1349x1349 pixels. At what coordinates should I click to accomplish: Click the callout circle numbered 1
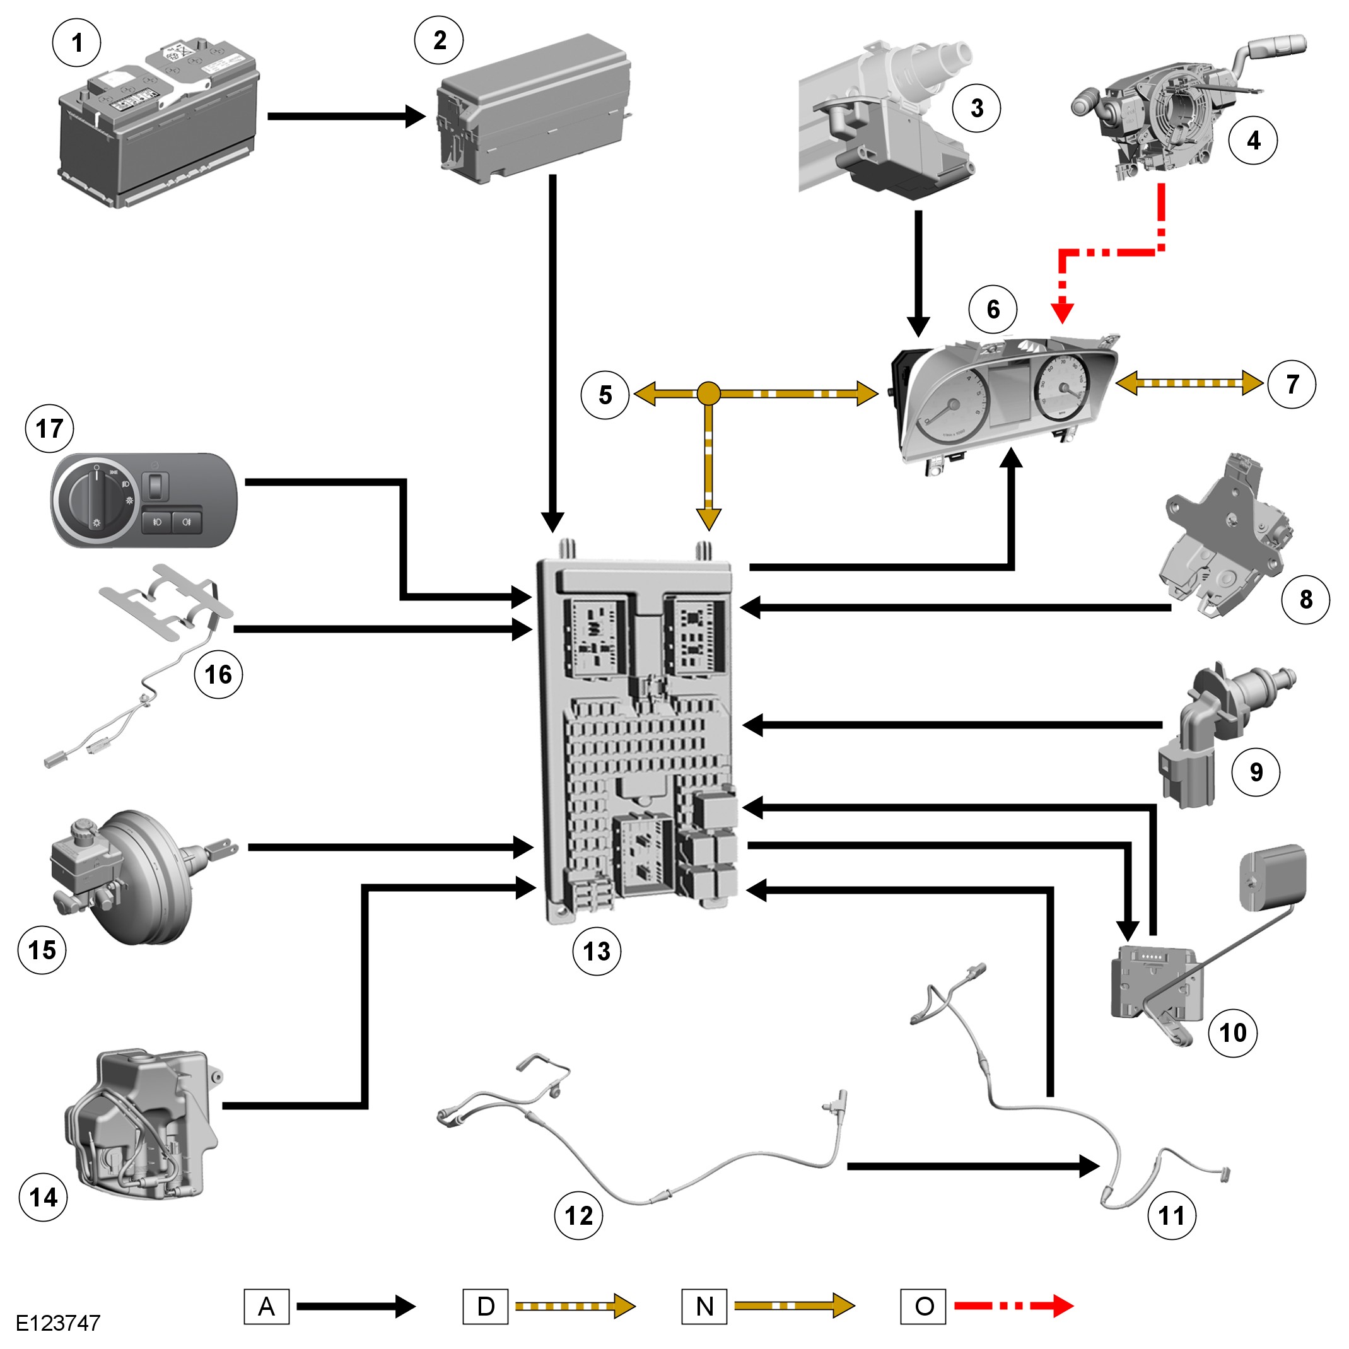point(77,43)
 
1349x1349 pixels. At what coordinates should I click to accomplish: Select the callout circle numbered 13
point(597,951)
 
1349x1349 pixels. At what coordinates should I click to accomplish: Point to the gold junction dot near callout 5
point(708,394)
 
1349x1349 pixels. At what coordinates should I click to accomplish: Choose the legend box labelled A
point(266,1306)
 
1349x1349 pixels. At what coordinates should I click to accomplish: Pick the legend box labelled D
point(485,1306)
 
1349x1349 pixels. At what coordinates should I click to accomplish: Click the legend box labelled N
point(704,1306)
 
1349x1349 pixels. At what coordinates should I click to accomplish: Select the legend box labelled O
point(923,1306)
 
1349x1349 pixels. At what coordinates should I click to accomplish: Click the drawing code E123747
point(58,1323)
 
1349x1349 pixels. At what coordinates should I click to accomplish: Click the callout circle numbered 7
point(1292,384)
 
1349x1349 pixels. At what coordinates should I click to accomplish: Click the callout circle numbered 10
point(1232,1032)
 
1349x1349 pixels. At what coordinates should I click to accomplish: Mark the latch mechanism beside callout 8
point(1225,537)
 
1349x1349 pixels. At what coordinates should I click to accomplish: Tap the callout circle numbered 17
point(50,429)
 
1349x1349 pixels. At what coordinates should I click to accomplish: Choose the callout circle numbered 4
point(1253,141)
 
